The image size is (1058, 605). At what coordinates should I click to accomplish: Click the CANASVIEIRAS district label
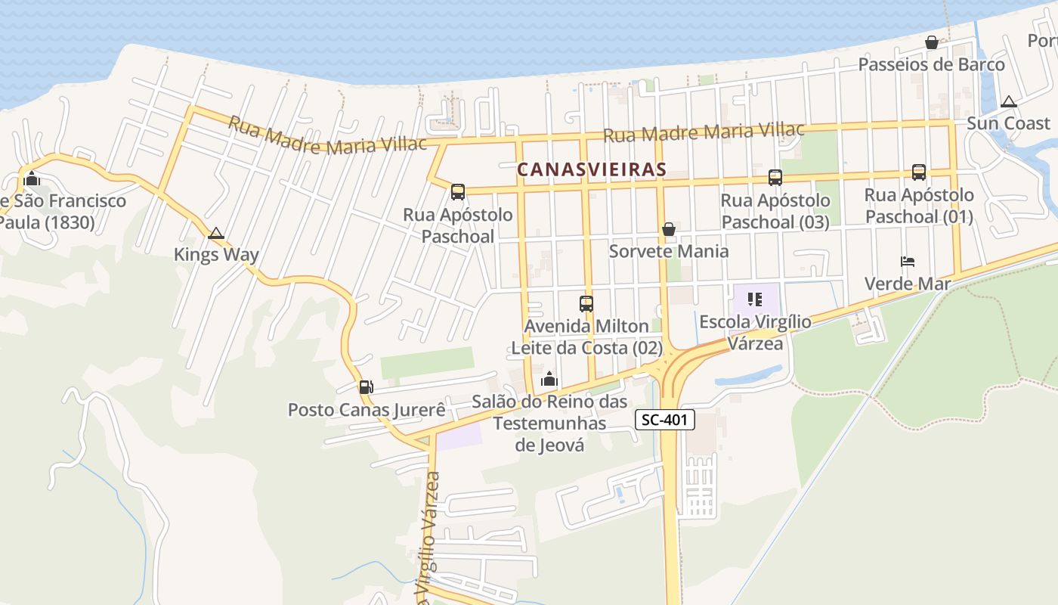tap(592, 170)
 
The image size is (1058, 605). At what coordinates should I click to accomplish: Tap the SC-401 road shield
tap(664, 420)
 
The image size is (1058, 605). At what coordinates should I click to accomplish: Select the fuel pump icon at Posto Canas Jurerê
tap(366, 387)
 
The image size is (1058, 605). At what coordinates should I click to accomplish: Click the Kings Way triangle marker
tap(216, 233)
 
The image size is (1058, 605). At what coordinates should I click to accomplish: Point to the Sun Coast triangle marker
tap(1008, 101)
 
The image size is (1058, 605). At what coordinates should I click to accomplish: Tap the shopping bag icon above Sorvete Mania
tap(668, 229)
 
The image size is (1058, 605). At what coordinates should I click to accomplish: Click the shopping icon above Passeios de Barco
tap(931, 42)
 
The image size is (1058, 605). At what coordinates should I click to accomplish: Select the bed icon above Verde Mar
tap(908, 262)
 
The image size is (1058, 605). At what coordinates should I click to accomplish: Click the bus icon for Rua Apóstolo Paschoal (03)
tap(775, 178)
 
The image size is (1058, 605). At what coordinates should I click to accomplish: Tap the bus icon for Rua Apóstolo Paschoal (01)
tap(919, 172)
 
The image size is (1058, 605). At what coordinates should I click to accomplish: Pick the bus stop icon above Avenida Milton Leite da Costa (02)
tap(586, 304)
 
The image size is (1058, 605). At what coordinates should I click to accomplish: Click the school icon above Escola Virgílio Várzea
tap(754, 299)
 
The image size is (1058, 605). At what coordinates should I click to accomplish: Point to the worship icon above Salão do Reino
tap(549, 379)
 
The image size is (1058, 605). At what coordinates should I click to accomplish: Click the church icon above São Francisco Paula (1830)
tap(32, 179)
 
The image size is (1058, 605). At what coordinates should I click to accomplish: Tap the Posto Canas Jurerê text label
tap(367, 410)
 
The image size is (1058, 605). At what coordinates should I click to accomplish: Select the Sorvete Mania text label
tap(669, 251)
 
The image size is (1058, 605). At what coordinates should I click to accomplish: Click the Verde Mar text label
tap(907, 284)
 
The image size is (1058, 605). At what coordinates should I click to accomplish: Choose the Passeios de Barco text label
tap(931, 64)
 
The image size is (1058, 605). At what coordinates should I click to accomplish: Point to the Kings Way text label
tap(216, 255)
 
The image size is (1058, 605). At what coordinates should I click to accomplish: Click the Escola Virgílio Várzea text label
tap(755, 332)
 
